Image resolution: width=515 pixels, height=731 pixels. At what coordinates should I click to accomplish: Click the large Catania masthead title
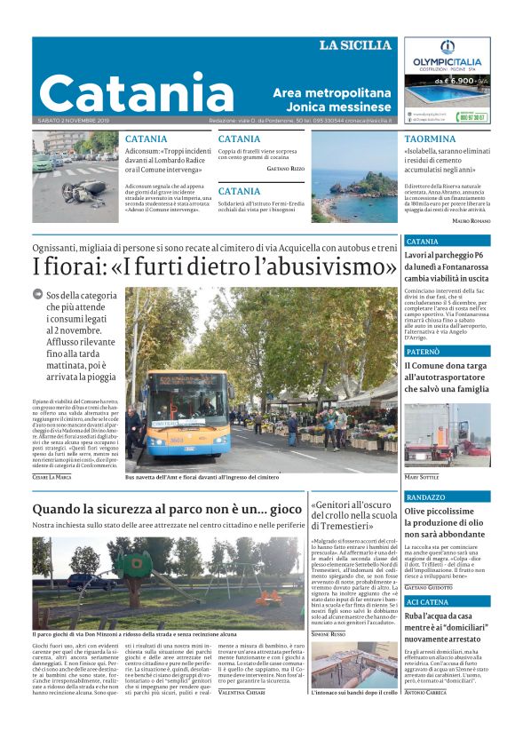[x=136, y=92]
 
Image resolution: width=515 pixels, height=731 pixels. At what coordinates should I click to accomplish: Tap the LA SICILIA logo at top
[x=355, y=45]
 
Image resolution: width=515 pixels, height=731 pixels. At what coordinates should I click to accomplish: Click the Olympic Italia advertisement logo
[x=447, y=61]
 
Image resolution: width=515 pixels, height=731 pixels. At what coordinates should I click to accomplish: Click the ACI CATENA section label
[x=426, y=602]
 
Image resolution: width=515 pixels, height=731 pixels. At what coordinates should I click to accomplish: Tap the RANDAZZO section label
[x=425, y=497]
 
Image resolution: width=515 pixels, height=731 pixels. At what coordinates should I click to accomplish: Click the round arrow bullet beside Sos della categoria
[x=38, y=294]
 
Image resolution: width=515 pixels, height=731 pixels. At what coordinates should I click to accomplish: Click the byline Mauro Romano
[x=471, y=219]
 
